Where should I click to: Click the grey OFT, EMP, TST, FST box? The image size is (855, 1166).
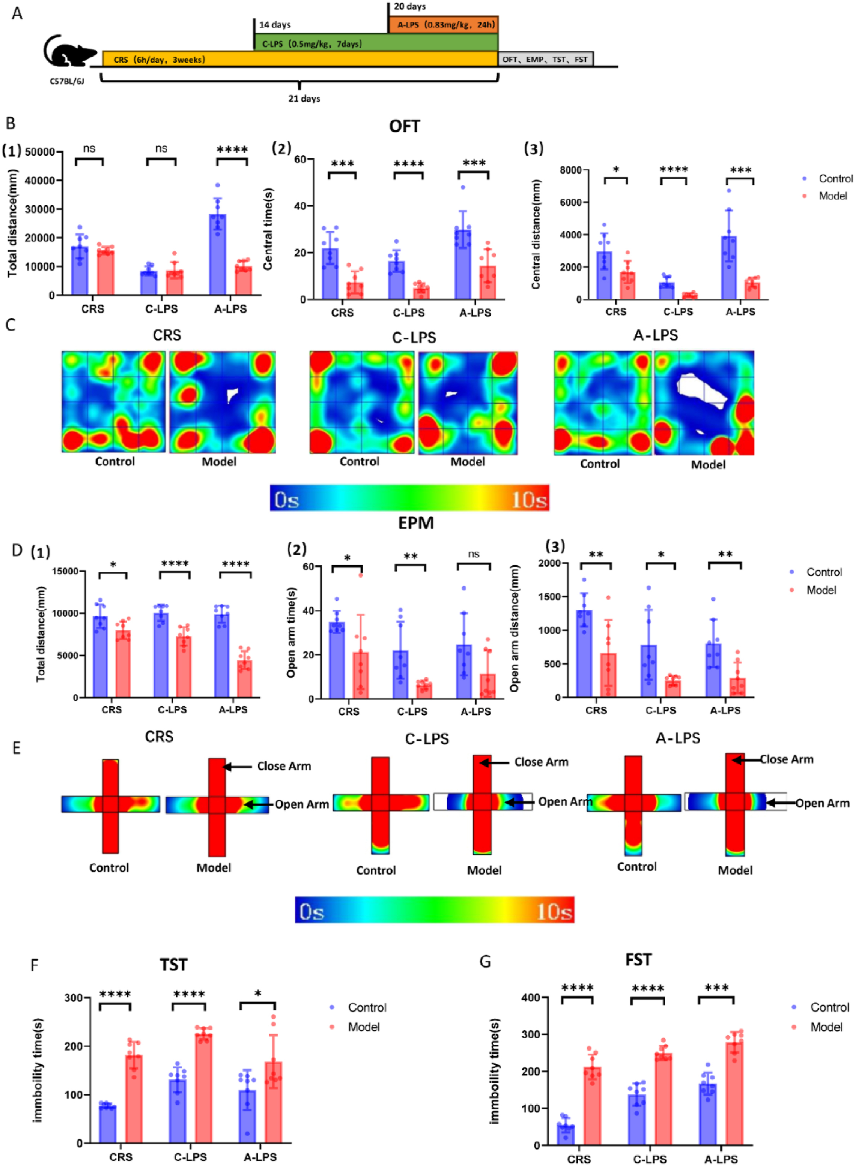[545, 60]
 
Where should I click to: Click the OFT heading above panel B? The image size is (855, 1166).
[404, 126]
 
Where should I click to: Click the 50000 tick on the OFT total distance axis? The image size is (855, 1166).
[40, 152]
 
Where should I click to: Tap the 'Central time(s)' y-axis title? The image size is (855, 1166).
[268, 229]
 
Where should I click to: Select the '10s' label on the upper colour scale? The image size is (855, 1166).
[529, 500]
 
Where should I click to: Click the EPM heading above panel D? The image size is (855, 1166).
[415, 523]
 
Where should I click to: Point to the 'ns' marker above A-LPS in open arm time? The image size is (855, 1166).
[473, 554]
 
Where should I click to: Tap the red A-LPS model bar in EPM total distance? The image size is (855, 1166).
[244, 678]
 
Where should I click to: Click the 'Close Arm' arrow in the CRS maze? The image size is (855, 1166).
[238, 766]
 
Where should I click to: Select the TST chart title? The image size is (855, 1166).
[173, 965]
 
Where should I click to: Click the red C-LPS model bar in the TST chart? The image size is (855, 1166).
[203, 1087]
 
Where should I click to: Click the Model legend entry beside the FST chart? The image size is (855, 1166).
[826, 1027]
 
